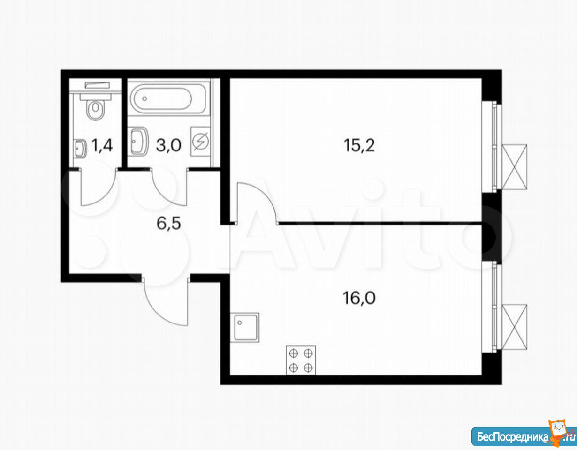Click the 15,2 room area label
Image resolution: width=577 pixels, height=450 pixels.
click(x=359, y=146)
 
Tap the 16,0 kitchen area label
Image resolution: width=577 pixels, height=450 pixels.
click(x=359, y=298)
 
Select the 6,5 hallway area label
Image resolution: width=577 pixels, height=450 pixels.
click(x=168, y=223)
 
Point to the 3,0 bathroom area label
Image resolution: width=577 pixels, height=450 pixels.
click(x=168, y=146)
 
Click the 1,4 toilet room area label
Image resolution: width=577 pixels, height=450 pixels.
click(x=102, y=146)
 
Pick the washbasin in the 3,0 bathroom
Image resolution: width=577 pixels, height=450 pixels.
click(x=139, y=142)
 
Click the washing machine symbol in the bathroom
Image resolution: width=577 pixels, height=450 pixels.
click(x=201, y=142)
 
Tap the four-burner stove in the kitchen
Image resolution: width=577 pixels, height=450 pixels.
click(x=301, y=360)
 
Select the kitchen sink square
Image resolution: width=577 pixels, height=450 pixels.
click(x=244, y=327)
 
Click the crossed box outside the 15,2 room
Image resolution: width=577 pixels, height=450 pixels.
click(x=515, y=167)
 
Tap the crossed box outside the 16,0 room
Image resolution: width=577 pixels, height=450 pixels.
click(x=515, y=327)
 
